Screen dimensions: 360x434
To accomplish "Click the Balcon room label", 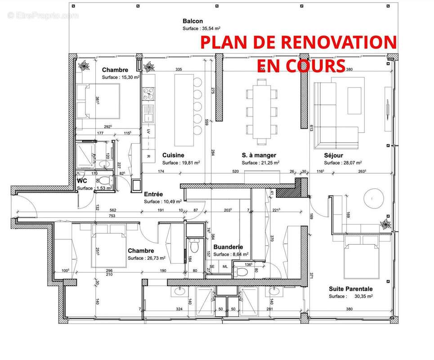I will click(x=192, y=21).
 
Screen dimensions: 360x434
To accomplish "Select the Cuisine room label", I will click(x=173, y=155).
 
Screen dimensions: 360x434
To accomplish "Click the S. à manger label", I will click(x=259, y=155).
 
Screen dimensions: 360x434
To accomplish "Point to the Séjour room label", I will click(x=333, y=155).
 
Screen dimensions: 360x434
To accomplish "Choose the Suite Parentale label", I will click(x=350, y=288).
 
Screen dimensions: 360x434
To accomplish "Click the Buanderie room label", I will click(x=228, y=247).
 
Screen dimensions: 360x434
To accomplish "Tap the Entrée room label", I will click(x=153, y=194).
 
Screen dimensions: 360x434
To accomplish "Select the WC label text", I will click(x=82, y=180).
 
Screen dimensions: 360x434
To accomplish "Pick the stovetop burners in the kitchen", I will click(x=148, y=94).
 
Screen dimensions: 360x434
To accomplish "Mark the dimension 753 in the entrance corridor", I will click(x=112, y=216).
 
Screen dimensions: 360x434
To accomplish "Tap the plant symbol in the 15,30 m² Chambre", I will click(x=83, y=66).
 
